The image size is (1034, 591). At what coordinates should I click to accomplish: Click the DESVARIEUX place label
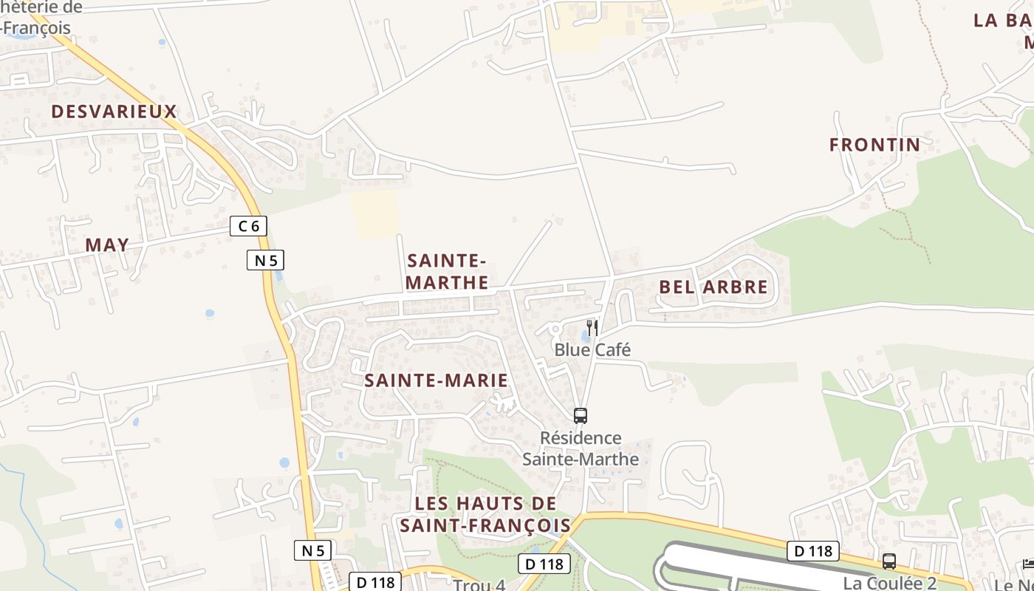(114, 112)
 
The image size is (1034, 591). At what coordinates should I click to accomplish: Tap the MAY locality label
(107, 245)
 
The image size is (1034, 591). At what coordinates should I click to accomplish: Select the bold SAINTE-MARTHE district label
(447, 271)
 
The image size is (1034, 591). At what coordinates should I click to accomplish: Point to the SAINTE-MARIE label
(436, 380)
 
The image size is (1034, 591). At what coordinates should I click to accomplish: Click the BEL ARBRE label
(713, 287)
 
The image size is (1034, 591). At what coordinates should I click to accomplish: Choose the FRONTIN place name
(874, 145)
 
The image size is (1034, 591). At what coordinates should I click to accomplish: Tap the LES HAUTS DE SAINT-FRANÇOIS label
(485, 514)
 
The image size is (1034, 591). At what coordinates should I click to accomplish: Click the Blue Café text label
(592, 349)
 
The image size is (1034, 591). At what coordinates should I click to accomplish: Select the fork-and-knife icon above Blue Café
(592, 327)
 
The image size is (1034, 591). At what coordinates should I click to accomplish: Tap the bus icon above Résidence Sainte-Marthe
(581, 415)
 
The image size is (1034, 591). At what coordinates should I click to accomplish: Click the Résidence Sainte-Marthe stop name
(581, 448)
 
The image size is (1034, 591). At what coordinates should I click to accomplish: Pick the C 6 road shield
(248, 226)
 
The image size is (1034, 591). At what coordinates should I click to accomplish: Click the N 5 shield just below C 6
(265, 260)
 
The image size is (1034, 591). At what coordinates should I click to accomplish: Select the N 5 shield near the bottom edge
(314, 550)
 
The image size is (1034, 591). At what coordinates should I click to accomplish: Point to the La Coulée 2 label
(889, 583)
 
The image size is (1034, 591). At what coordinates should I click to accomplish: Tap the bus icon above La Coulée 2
(889, 561)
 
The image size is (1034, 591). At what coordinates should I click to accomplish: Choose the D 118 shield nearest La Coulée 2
(813, 550)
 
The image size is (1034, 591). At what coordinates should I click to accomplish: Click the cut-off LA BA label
(1003, 21)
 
